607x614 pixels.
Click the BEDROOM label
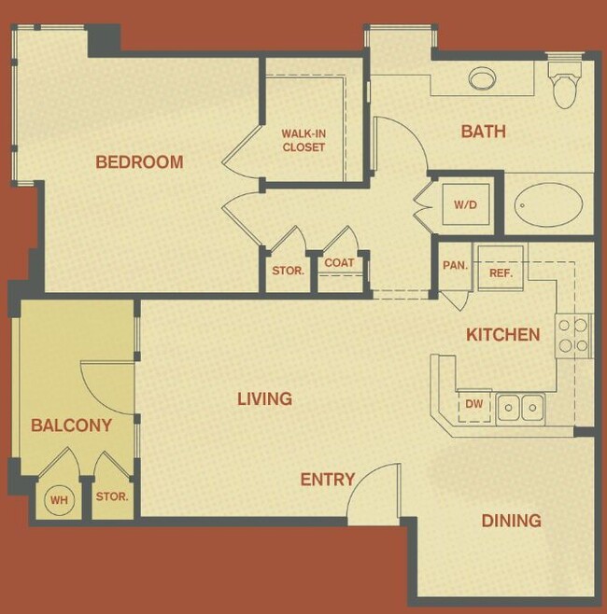pos(139,162)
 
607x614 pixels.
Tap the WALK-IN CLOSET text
pos(303,140)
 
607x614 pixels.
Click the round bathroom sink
pos(483,78)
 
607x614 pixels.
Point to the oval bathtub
pos(548,202)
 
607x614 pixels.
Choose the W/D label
pos(465,204)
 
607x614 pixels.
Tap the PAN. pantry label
pos(455,265)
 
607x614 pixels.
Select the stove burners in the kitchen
pos(573,336)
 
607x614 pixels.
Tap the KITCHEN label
pos(503,335)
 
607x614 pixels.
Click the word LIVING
pos(264,399)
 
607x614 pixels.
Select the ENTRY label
pos(327,481)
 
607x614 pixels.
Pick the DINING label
pos(511,521)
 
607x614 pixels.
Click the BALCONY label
pos(71,426)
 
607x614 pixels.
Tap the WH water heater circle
pos(60,500)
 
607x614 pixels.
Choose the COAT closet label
pos(339,263)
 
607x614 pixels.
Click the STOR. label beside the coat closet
pos(288,271)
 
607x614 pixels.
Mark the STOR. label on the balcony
pos(112,497)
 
